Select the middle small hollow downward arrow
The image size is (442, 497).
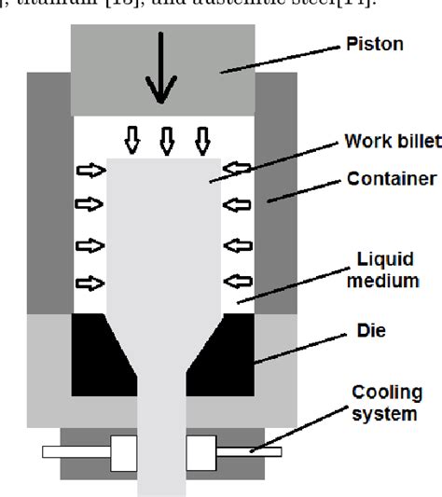coord(167,142)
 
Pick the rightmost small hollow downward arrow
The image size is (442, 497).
coord(201,142)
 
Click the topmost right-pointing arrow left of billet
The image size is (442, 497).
coord(90,171)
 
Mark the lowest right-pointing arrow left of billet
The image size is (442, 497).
coord(90,283)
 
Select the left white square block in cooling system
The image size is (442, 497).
coord(123,452)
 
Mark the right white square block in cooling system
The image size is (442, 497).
coord(201,452)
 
